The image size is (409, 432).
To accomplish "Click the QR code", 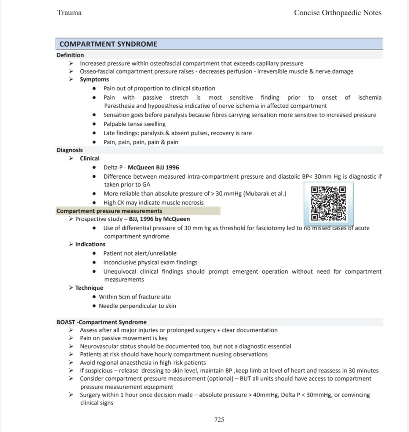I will tap(328, 204).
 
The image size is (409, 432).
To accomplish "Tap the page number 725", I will tap(219, 419).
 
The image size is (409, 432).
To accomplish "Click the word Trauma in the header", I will tap(69, 13).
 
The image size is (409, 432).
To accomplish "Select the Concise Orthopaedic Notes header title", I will tap(338, 13).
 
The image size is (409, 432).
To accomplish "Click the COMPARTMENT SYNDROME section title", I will tap(108, 44).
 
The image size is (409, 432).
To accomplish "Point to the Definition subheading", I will tap(70, 55).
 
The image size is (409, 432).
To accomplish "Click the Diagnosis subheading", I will tap(70, 150).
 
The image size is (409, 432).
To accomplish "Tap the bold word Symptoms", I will tap(94, 79).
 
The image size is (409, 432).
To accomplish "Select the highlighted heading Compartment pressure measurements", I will tap(109, 211).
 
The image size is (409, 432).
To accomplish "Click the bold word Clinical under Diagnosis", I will tap(90, 158).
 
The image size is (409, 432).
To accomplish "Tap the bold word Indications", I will tap(90, 244).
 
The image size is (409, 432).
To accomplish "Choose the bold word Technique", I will tap(89, 288).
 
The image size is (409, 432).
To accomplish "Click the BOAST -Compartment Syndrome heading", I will tap(101, 322).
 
